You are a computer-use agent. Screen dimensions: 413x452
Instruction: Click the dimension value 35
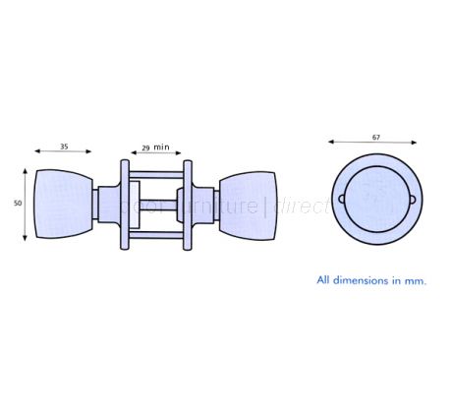64,147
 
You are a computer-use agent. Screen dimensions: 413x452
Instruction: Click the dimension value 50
18,203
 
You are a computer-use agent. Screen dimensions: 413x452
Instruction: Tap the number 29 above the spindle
144,147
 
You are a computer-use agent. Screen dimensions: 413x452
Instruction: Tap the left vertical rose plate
124,205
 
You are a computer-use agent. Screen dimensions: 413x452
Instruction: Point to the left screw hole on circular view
343,199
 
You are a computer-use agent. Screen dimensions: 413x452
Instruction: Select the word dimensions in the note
358,279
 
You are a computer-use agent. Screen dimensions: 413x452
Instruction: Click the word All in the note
323,279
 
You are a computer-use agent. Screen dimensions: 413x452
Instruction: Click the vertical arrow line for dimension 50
26,204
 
